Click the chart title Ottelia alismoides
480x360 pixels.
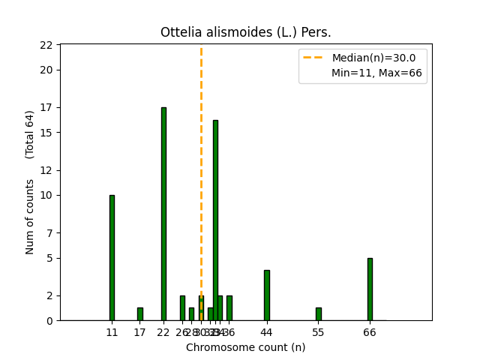tap(245, 32)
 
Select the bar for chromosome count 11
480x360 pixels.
tap(112, 258)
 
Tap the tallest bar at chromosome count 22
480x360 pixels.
tap(163, 214)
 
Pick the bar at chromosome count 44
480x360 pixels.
tap(266, 295)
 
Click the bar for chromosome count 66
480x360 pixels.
tap(370, 289)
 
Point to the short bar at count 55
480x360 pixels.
tap(318, 314)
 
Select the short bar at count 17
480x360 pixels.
tap(140, 314)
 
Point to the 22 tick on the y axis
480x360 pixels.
tap(46, 45)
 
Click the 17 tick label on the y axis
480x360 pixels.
tap(46, 107)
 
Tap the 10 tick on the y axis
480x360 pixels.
tap(46, 195)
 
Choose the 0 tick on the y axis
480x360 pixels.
tap(49, 321)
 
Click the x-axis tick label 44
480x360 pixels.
tap(266, 332)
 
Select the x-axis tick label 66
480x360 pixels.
tap(370, 332)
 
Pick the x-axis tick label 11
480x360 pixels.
tap(112, 332)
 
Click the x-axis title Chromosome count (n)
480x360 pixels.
tap(245, 347)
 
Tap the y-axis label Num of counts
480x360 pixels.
tap(30, 216)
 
